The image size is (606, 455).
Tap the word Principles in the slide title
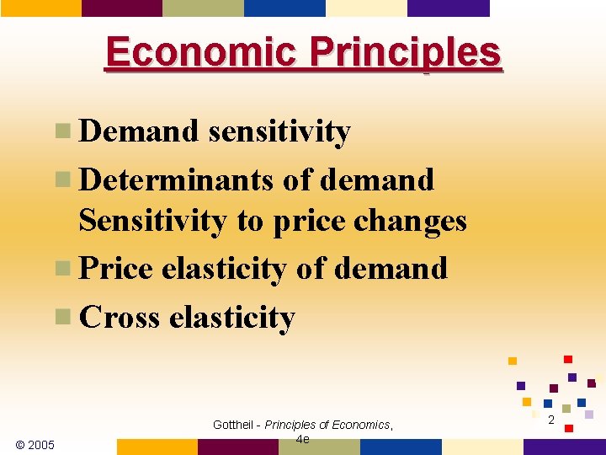click(404, 53)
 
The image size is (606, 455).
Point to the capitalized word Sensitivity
click(152, 220)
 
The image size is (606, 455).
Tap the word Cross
click(119, 317)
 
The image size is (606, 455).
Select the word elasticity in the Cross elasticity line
click(232, 317)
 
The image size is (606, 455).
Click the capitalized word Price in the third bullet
click(116, 269)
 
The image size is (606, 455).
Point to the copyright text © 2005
click(35, 444)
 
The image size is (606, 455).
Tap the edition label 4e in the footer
click(303, 439)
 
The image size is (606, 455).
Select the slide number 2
click(551, 419)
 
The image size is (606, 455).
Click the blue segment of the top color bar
click(284, 8)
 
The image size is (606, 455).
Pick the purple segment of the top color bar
click(448, 8)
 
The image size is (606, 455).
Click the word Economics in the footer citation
click(360, 425)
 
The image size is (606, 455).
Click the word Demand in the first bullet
click(139, 131)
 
